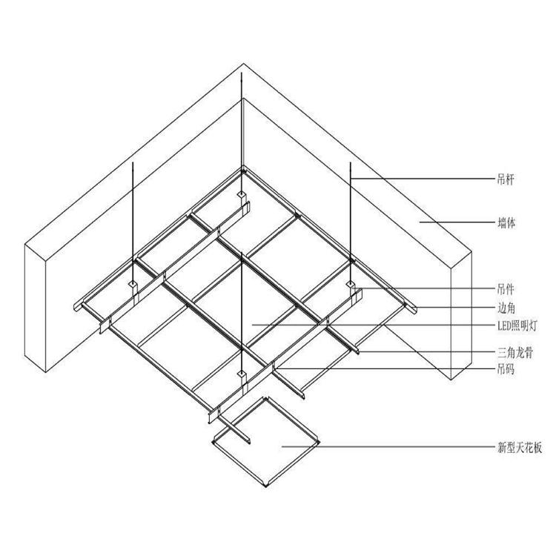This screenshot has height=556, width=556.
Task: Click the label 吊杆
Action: pos(506,179)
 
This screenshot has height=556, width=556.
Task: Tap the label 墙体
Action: pos(506,223)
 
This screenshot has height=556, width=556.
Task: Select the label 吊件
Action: pos(506,290)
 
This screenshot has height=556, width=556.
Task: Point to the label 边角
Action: pos(506,308)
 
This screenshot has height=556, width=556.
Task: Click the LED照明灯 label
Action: pos(517,325)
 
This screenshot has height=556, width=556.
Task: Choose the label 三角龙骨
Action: pos(515,352)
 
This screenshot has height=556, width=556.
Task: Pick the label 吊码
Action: pos(506,370)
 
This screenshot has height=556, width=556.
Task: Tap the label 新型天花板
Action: pos(520,448)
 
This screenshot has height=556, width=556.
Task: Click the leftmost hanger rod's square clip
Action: pos(133,284)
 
